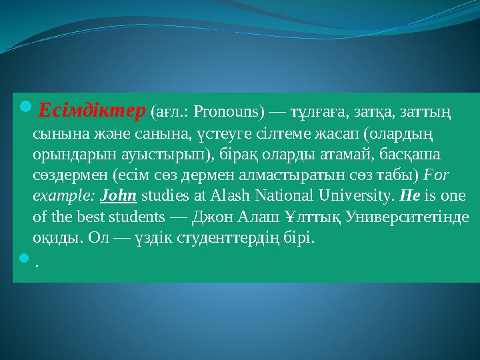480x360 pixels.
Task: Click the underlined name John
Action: (118, 196)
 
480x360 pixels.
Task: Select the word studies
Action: (165, 196)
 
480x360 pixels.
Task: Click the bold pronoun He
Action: (408, 196)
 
